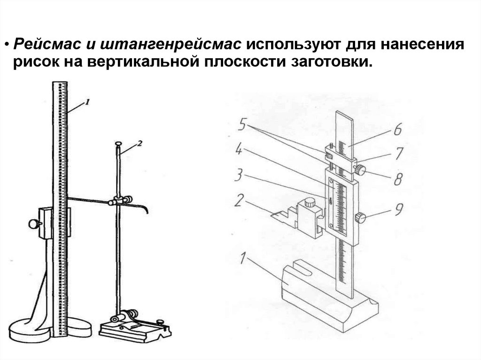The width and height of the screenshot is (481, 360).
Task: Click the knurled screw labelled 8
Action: (360, 170)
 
